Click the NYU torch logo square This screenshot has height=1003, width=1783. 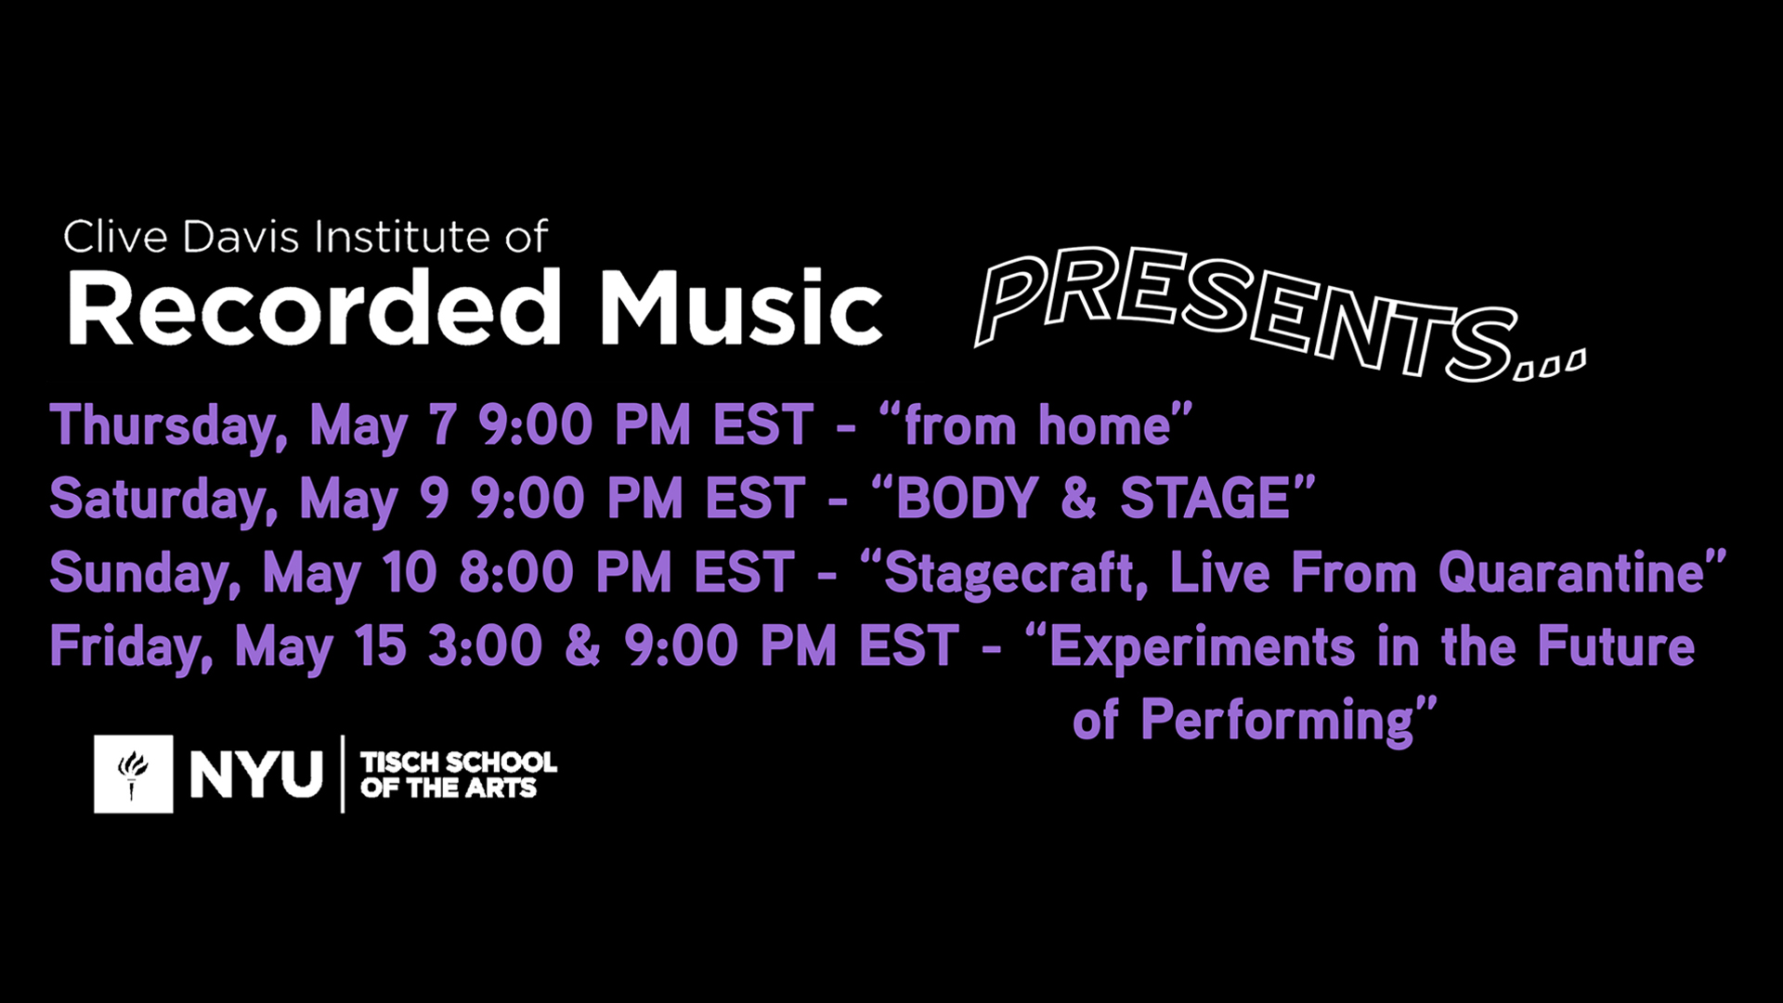133,774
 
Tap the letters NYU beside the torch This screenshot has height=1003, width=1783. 255,775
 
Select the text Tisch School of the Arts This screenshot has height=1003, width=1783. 458,775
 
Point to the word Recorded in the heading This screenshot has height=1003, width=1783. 314,307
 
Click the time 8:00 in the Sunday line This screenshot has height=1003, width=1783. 517,572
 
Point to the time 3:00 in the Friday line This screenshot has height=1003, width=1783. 485,645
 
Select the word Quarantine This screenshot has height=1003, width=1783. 1570,572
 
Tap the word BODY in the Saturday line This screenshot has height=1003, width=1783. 966,499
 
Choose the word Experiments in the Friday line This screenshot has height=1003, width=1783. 1201,647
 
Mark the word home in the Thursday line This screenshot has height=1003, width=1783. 1104,425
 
